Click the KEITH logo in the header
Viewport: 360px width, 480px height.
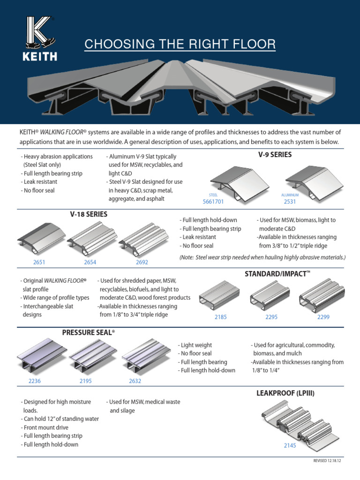click(x=42, y=39)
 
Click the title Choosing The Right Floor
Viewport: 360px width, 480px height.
click(x=180, y=45)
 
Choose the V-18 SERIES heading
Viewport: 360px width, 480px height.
click(x=89, y=214)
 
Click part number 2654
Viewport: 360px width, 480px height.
click(x=90, y=262)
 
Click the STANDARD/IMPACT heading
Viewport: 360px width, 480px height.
click(x=278, y=273)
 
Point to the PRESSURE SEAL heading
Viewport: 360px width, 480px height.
click(x=89, y=332)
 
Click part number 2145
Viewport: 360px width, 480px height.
click(x=290, y=446)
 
